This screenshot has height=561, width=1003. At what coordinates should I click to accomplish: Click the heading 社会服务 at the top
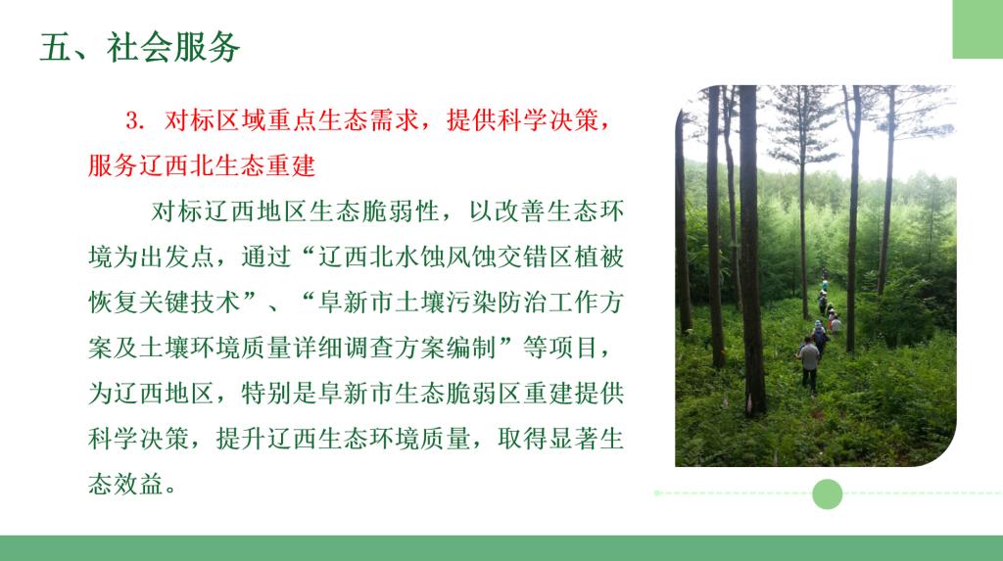[172, 47]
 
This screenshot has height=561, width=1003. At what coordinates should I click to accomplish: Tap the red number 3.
[135, 119]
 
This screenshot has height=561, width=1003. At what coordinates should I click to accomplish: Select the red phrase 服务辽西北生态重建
[202, 165]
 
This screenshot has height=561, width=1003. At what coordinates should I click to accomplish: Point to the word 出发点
[177, 257]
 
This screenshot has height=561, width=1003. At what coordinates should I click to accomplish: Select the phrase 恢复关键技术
[165, 302]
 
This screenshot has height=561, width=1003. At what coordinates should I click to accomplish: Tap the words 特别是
[279, 393]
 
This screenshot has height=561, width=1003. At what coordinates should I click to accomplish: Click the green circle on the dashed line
[827, 493]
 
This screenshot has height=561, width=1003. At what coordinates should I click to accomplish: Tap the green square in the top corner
[978, 29]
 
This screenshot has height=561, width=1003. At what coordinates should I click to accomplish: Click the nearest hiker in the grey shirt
[809, 364]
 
